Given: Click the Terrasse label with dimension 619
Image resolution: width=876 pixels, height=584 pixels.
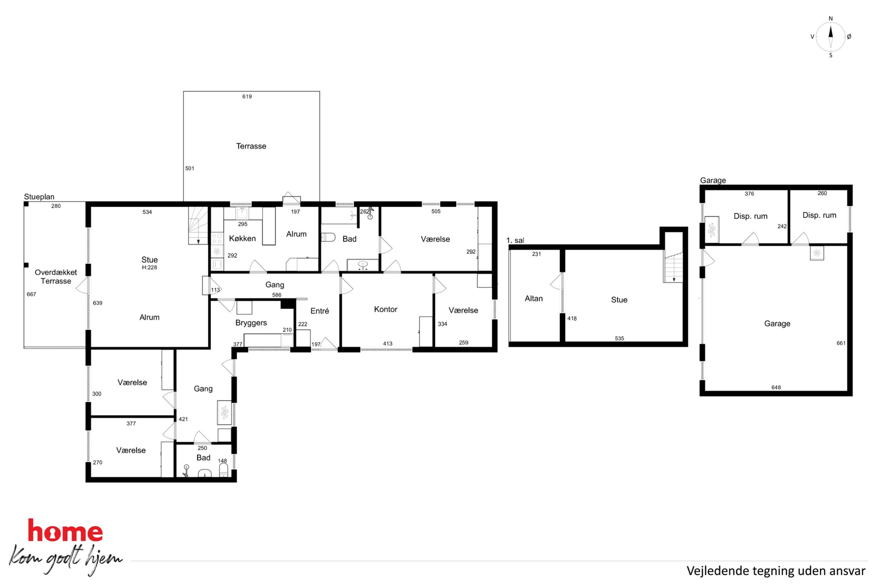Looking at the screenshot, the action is (251, 146).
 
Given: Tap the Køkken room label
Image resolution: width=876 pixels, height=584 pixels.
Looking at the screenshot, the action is (242, 238).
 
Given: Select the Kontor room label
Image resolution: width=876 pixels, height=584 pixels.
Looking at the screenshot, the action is (385, 309).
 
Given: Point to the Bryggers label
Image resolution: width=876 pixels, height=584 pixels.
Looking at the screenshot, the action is (251, 323).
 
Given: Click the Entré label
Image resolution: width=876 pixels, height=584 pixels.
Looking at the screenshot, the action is (320, 311).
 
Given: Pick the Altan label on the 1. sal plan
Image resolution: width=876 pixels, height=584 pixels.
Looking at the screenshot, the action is (534, 299).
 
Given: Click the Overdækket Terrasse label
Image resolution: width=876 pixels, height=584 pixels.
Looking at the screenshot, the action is (56, 277).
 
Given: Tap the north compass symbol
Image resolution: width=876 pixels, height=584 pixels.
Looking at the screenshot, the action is (831, 37).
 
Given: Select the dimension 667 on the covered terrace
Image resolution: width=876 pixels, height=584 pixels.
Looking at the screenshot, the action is (31, 294).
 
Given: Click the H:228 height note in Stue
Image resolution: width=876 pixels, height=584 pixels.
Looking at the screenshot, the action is (150, 268).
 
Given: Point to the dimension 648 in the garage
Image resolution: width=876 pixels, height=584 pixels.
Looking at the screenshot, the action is (776, 388).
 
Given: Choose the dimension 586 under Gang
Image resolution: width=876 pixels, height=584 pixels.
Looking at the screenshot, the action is (277, 295).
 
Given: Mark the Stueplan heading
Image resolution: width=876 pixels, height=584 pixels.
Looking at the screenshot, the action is (39, 197).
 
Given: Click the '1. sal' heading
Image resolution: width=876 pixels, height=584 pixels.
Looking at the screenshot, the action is (515, 241).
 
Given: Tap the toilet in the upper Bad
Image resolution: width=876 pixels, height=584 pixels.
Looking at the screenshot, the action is (328, 237).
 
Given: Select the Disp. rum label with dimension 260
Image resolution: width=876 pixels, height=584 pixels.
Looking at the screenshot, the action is (819, 215).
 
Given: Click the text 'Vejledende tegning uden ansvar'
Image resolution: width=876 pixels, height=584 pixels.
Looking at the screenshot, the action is (776, 571).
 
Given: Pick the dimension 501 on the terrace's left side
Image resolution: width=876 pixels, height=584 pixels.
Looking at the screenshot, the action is (190, 169).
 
